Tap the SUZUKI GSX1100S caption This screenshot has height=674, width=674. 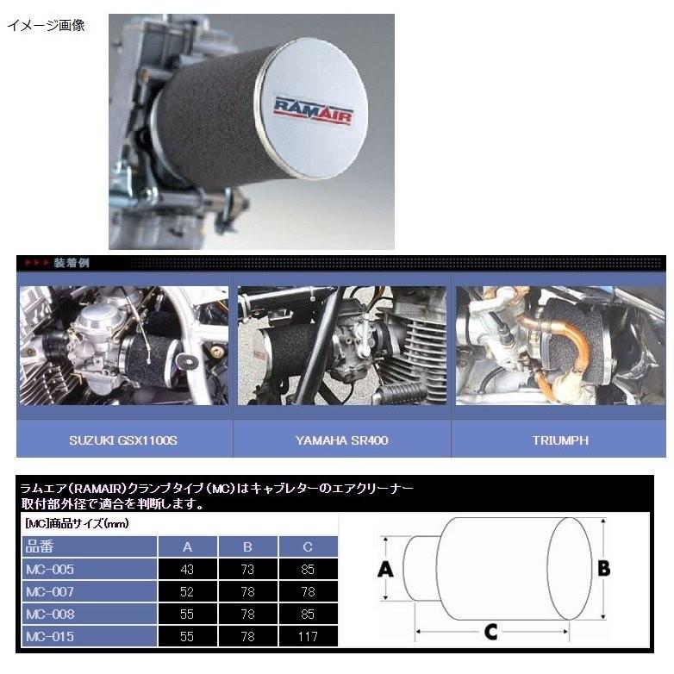(x=124, y=440)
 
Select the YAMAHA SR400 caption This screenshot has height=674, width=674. (x=342, y=440)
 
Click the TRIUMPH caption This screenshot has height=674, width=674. (x=560, y=440)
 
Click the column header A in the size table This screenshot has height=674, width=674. (x=188, y=547)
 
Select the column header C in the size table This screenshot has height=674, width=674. (x=308, y=547)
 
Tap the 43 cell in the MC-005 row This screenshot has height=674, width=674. (x=188, y=570)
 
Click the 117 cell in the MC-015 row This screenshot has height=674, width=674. (x=308, y=637)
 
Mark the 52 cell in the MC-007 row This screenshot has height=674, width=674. (x=188, y=592)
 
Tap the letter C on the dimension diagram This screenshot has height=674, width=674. (x=490, y=633)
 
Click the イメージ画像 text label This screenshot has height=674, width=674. (x=46, y=25)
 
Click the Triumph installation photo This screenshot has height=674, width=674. (x=560, y=346)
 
